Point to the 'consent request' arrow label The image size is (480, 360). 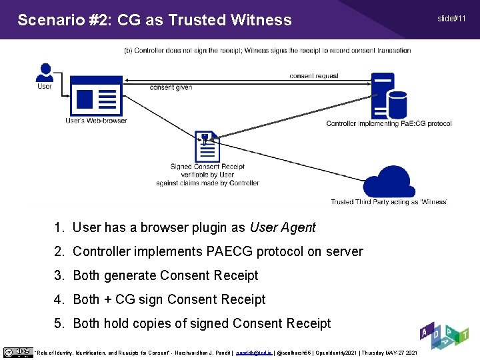314,76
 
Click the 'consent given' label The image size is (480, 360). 171,87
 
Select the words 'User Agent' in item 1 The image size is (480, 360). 282,227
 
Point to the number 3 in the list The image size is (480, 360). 59,275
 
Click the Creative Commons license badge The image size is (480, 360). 17,352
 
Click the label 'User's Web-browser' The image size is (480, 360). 96,121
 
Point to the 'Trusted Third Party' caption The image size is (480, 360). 389,202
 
